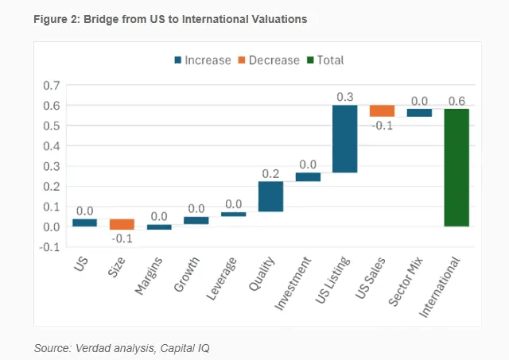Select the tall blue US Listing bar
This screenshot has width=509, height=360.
point(344,138)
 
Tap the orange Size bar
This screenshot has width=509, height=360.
point(122,224)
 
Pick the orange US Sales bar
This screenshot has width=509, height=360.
point(382,110)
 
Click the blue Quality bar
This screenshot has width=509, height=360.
point(270,196)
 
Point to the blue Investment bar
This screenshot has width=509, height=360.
point(308,176)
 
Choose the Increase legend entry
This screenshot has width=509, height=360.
point(203,60)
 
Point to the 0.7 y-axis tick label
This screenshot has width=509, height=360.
point(52,85)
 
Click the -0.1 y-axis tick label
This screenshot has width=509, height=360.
point(50,247)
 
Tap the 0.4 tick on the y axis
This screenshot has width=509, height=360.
point(52,146)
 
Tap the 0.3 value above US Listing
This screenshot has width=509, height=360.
point(344,97)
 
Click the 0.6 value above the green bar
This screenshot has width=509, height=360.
point(457,101)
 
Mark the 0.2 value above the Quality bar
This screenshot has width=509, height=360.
point(270,173)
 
